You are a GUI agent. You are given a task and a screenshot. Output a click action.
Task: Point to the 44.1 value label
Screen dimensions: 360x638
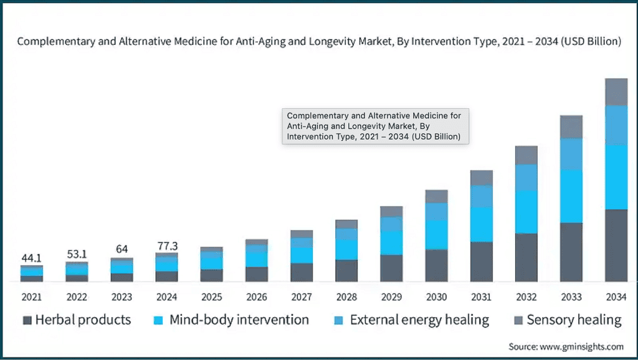(x=31, y=257)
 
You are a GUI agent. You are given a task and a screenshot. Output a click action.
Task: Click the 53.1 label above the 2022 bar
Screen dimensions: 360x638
(x=76, y=254)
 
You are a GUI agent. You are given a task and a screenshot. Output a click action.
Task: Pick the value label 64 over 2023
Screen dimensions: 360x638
(x=121, y=249)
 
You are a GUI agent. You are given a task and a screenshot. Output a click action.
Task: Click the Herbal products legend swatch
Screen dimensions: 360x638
(x=27, y=320)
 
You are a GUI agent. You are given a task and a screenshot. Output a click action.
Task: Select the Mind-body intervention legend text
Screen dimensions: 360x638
(x=239, y=320)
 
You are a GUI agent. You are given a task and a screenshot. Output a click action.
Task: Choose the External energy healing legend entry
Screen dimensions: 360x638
(x=419, y=320)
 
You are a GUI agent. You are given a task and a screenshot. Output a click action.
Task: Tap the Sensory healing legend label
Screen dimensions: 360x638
(x=574, y=320)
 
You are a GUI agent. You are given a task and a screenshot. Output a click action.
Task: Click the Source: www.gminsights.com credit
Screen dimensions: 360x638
(x=566, y=346)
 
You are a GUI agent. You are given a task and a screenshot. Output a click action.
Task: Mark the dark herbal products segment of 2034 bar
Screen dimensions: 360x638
(x=616, y=245)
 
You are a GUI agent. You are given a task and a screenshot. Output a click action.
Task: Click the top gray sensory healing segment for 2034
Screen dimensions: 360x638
(x=616, y=92)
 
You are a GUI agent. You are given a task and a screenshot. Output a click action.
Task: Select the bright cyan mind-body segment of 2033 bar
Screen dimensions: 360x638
(x=571, y=196)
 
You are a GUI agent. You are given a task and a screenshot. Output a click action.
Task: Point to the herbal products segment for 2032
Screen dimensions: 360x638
(x=526, y=257)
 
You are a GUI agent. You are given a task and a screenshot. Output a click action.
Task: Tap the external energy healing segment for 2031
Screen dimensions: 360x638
(x=481, y=196)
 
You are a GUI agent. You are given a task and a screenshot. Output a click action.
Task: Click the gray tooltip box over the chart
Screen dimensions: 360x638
(x=376, y=126)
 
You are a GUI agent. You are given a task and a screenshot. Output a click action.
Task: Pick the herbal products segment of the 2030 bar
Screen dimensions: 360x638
(x=436, y=265)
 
